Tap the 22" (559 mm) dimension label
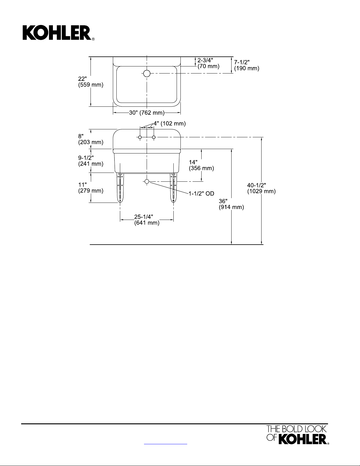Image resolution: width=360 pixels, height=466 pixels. point(91,82)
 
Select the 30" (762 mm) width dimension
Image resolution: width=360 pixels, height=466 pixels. point(147,113)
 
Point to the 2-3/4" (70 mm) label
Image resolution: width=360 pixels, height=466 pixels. point(208,63)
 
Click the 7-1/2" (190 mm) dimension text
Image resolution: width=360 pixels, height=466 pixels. point(246,65)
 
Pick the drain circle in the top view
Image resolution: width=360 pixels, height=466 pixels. point(147,73)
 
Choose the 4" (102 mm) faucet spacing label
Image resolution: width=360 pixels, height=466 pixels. point(169,123)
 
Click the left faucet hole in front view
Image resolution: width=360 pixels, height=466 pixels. point(140,137)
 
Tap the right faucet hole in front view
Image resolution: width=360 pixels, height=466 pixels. point(154,137)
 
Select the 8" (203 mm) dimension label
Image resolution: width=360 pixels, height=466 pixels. point(91,139)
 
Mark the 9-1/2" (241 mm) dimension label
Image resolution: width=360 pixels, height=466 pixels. point(91,161)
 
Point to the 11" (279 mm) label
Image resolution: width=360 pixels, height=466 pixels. point(91,188)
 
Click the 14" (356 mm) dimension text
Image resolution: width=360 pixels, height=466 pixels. point(201,165)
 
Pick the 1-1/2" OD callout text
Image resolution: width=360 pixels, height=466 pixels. point(201,193)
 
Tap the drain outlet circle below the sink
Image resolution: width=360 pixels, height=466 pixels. point(147,181)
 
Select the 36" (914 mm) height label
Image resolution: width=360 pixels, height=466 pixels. point(231,204)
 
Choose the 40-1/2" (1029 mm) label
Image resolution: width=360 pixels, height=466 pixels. point(261,188)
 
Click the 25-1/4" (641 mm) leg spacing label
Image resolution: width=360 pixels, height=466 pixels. point(147,220)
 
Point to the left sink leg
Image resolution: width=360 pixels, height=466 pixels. point(120,188)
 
